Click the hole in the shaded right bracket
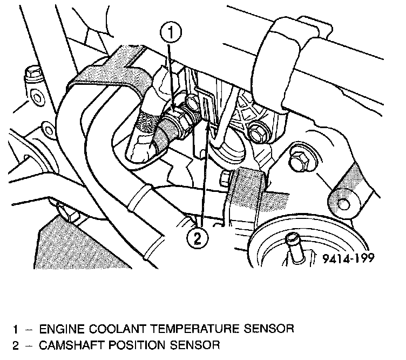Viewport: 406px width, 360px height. point(342,203)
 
